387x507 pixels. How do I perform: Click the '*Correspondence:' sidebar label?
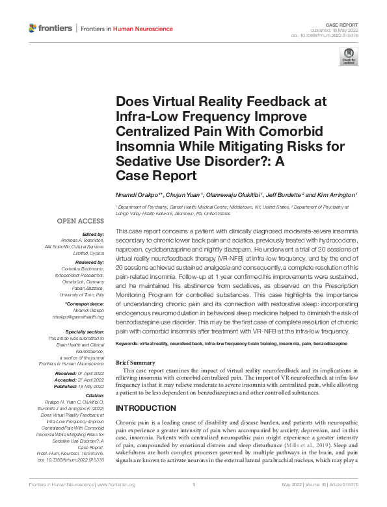(85, 304)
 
